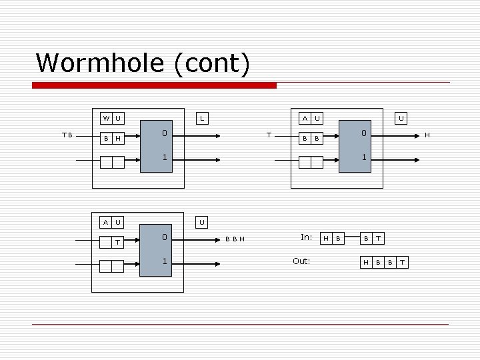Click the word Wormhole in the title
pos(101,63)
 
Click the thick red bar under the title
pos(155,85)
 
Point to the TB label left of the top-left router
pos(67,135)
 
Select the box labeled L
pos(203,119)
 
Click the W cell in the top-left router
pos(106,119)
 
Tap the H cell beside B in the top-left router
pos(118,138)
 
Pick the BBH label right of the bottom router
pos(234,238)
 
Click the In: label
pos(306,237)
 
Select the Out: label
pos(302,261)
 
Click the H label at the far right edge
pos(427,135)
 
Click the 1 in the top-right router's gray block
pos(364,159)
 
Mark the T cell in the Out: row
pos(401,262)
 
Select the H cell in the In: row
pos(325,238)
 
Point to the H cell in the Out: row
pos(365,262)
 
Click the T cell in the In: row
pos(378,238)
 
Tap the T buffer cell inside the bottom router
pos(118,242)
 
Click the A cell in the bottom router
pos(106,222)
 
